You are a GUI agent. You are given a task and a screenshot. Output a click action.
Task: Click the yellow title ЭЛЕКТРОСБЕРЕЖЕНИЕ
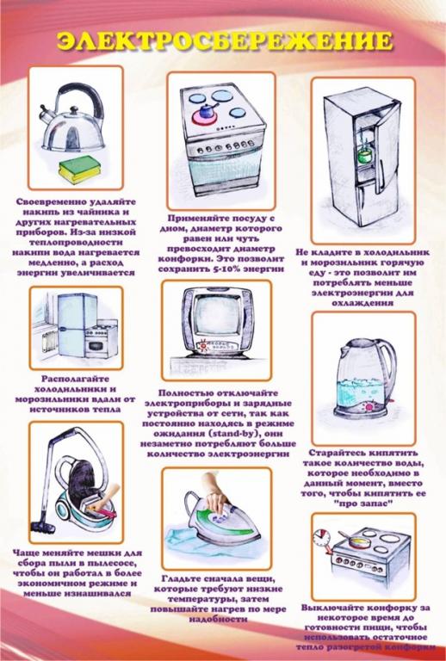point(225,41)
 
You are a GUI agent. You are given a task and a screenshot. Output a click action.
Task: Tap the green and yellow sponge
point(79,169)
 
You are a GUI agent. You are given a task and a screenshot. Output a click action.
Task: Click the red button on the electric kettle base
point(370,406)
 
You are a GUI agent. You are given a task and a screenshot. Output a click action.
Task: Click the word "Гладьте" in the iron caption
point(181,578)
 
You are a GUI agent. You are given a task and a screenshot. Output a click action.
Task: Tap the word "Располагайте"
point(76,380)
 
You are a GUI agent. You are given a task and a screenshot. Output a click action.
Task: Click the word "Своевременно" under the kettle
point(44,201)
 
